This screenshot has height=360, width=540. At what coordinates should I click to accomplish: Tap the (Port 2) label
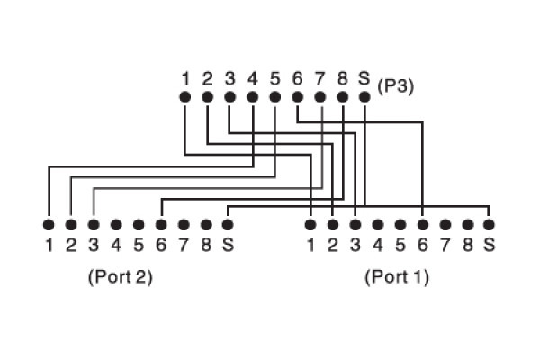120,276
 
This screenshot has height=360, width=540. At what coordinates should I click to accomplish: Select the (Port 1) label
397,276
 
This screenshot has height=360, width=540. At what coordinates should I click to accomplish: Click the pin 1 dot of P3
184,96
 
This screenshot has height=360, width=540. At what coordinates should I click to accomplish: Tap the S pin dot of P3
364,96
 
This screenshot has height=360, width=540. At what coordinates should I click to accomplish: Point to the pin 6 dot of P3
297,96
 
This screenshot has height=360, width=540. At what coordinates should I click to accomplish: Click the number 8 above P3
342,78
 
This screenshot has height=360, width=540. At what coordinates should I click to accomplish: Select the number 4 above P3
252,78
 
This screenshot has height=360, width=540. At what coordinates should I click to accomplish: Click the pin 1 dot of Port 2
49,223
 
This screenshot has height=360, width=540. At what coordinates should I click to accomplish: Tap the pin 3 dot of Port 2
94,223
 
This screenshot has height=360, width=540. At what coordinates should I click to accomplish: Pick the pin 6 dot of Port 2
161,223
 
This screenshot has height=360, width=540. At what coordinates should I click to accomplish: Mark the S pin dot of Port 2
229,223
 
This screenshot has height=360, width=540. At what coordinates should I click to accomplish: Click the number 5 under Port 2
139,243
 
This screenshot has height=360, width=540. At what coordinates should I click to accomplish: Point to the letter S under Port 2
229,243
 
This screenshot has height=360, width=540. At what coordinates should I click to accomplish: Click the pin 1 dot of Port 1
310,223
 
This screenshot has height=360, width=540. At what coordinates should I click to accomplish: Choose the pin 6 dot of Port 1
423,223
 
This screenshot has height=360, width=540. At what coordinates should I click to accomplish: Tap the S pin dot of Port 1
490,223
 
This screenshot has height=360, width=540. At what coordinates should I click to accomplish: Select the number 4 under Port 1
378,243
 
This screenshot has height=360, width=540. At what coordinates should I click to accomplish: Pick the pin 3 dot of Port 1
355,223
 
